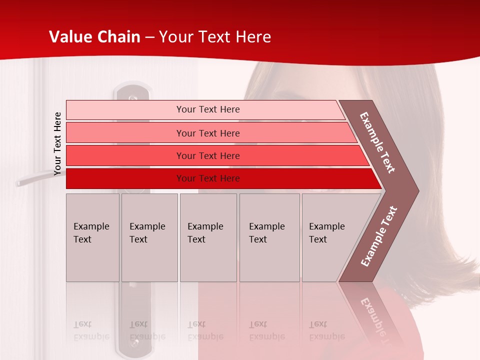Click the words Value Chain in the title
(94, 37)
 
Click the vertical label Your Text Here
(58, 144)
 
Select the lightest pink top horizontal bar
(207, 109)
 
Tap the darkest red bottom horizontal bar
(207, 178)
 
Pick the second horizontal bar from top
(207, 133)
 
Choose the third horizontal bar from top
(207, 155)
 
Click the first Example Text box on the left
(92, 237)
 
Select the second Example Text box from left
(149, 237)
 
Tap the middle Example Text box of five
(208, 237)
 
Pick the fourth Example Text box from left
(269, 237)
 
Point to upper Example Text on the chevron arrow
(377, 142)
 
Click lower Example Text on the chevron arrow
(378, 236)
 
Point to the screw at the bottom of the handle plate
(134, 343)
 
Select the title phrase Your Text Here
(215, 37)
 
